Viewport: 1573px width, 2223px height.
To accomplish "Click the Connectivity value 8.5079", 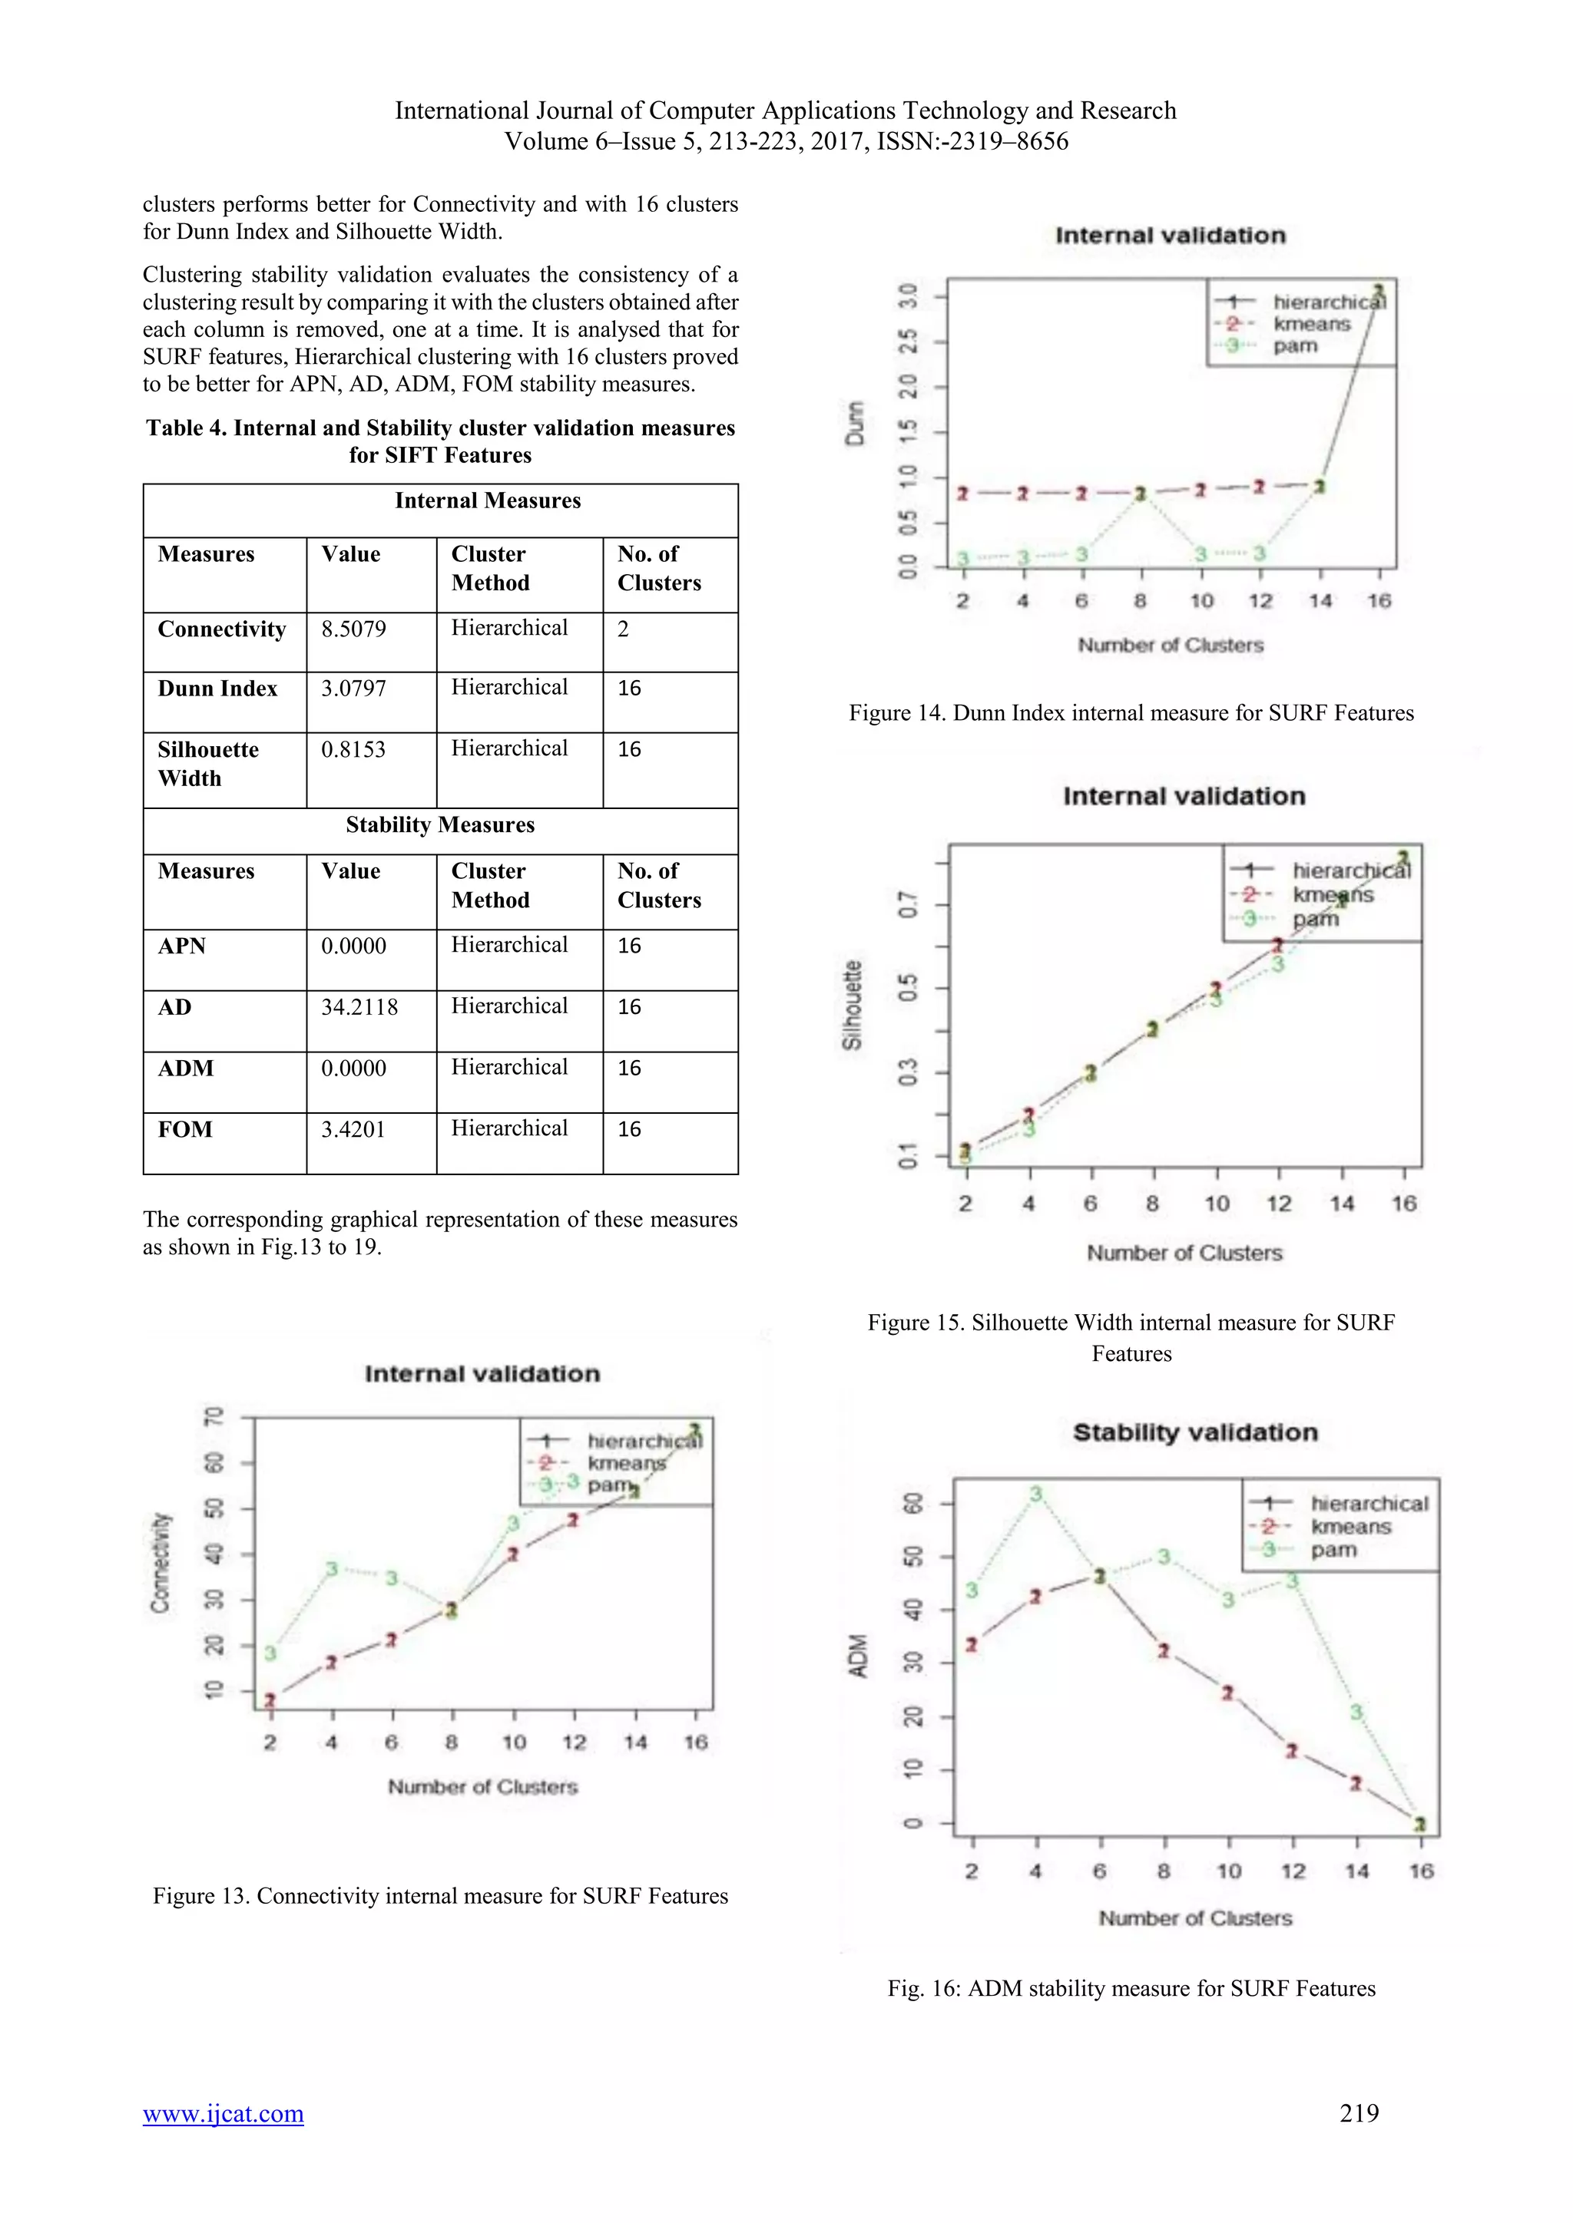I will coord(353,629).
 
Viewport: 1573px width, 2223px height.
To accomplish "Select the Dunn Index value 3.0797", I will coord(353,689).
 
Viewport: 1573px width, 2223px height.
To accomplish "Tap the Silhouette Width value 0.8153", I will coord(353,749).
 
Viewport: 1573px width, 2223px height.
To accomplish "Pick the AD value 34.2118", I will coord(359,1007).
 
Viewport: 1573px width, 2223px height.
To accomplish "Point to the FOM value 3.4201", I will coord(353,1129).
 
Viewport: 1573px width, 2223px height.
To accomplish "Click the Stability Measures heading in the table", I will coord(440,825).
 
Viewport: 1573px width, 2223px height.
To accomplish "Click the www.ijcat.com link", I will coord(223,2112).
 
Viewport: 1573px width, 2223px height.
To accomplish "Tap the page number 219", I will coord(1359,2112).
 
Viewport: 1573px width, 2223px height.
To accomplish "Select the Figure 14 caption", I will coord(1131,714).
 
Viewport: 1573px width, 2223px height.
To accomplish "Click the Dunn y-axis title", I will coord(854,423).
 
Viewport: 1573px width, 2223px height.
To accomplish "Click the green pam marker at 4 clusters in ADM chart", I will coord(1035,1494).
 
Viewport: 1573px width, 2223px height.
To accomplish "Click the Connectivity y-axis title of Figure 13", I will coord(160,1563).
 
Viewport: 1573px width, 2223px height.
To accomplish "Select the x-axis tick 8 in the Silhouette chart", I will coord(1151,1204).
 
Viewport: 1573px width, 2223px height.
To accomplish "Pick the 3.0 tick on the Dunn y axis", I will coord(908,296).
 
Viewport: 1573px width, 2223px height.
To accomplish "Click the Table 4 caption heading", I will coord(440,441).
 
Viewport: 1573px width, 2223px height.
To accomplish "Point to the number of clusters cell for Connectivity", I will coord(624,629).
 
